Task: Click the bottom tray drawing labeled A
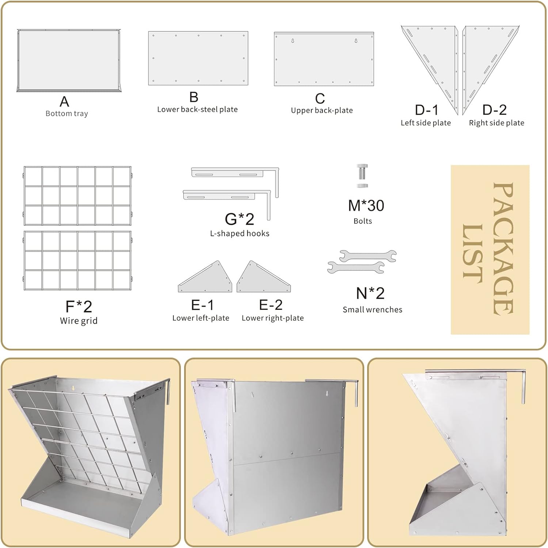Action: tap(69, 60)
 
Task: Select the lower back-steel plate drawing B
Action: tap(198, 58)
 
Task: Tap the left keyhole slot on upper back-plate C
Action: tap(293, 41)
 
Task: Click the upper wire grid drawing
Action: tap(77, 196)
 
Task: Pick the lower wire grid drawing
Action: tap(77, 260)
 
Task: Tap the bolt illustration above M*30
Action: tap(362, 176)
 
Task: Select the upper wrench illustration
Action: tap(368, 256)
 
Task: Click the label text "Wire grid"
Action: tap(79, 321)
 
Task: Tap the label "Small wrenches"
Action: tap(372, 309)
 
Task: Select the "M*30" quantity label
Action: tap(366, 205)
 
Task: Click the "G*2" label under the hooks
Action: tap(239, 219)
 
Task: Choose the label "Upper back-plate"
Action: tap(322, 110)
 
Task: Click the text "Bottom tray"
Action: tap(67, 114)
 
